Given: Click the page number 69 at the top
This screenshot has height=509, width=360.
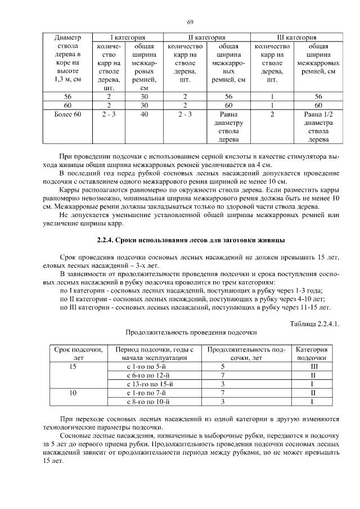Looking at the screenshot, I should [190, 22].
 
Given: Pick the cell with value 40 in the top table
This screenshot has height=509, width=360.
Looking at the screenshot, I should [144, 114].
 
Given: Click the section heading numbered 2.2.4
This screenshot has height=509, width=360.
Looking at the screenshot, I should [190, 241].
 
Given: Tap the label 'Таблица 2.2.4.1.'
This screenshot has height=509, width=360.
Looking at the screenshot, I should [315, 323].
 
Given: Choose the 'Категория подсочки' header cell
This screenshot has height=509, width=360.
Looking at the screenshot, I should [311, 353].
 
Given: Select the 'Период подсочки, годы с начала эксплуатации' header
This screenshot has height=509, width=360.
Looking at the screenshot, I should [154, 353].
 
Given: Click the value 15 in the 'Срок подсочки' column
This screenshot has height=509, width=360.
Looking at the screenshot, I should [73, 366].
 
